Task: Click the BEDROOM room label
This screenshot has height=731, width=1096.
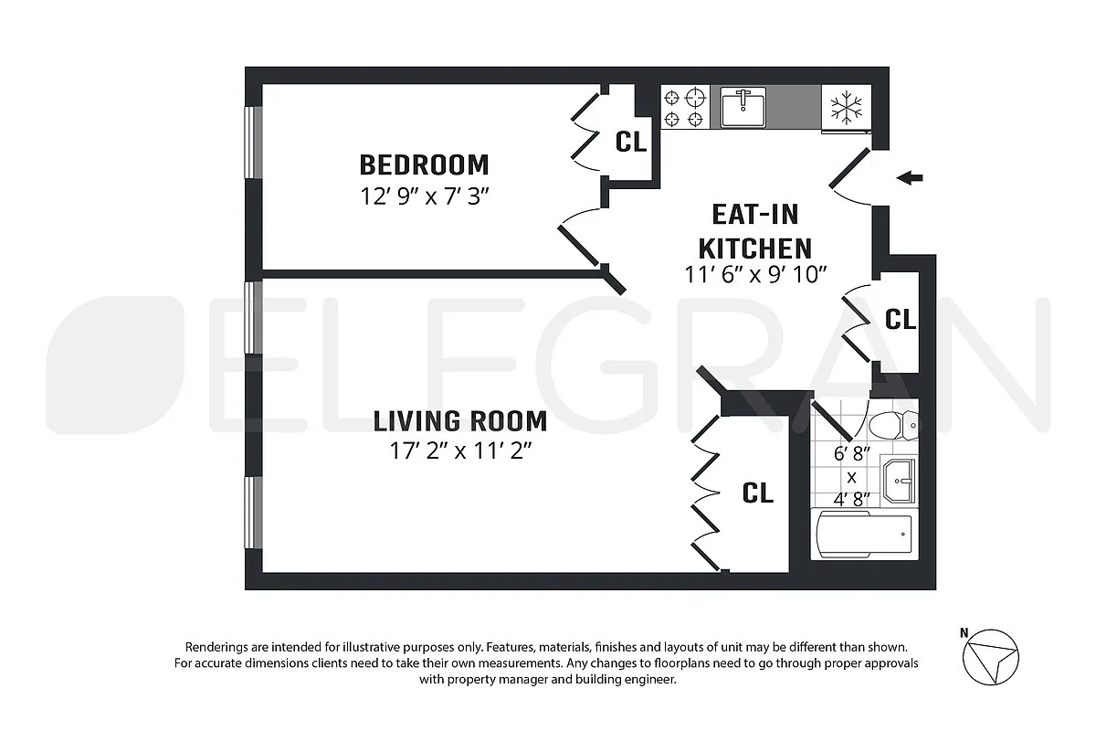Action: [424, 165]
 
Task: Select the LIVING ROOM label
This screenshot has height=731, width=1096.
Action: [460, 421]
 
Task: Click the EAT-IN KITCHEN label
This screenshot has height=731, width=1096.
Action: [754, 231]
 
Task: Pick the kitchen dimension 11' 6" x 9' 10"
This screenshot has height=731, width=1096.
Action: [755, 273]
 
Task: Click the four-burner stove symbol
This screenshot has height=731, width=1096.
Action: [685, 107]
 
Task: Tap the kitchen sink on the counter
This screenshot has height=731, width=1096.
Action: [743, 108]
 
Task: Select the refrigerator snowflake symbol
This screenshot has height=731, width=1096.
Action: [846, 109]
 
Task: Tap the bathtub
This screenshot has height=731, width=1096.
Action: [863, 535]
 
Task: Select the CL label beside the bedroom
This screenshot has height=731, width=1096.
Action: [630, 142]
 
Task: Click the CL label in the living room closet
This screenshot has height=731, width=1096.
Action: [757, 493]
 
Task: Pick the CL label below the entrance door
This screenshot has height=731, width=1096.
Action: [901, 319]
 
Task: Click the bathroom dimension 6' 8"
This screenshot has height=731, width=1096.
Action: [851, 453]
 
